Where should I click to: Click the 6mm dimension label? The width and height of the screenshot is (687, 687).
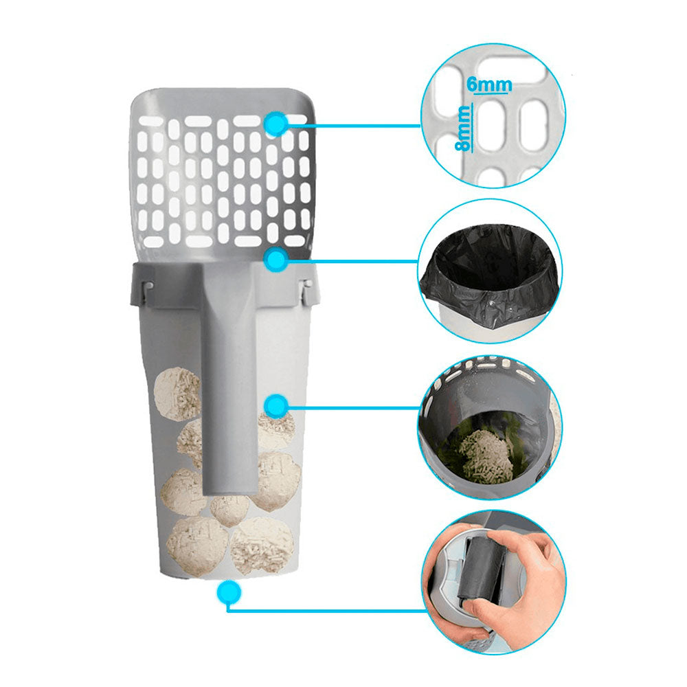(489, 84)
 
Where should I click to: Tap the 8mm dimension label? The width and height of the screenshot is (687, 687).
(462, 129)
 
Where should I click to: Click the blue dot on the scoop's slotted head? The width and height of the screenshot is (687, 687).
(276, 124)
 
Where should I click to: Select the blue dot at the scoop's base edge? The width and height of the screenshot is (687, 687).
(275, 260)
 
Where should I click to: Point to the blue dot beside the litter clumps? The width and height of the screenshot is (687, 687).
(276, 406)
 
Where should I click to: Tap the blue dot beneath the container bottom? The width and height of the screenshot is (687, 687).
(229, 592)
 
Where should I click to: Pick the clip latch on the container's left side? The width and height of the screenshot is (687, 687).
(147, 291)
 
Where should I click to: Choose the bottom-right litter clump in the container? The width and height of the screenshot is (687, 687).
(262, 545)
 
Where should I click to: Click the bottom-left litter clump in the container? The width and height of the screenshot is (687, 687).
(197, 546)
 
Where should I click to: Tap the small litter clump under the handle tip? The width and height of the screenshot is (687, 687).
(229, 509)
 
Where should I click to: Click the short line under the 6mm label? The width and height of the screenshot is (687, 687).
(493, 93)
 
